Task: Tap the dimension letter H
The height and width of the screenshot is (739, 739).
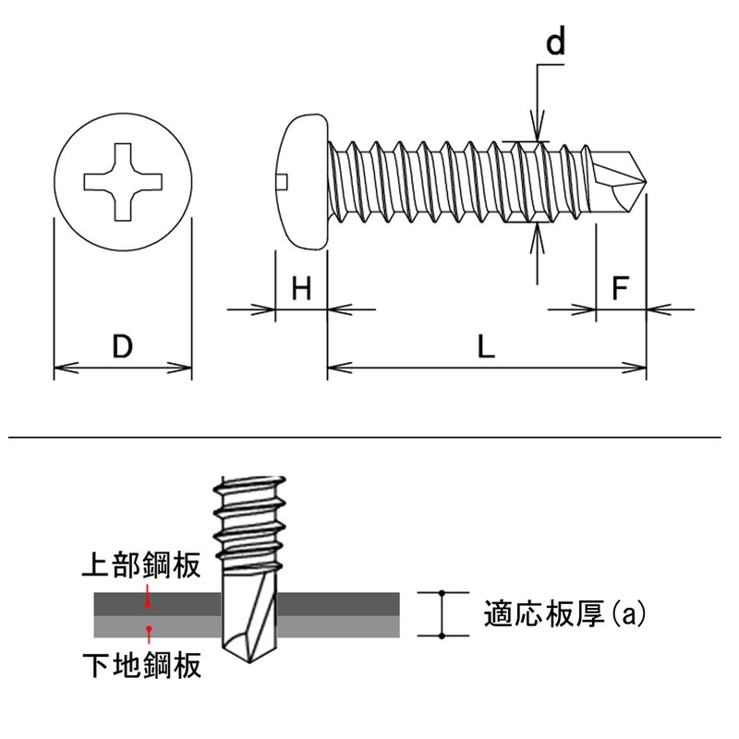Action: pyautogui.click(x=301, y=289)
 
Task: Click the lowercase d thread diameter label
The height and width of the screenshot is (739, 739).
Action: pyautogui.click(x=554, y=44)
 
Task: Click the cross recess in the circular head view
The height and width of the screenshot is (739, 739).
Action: pyautogui.click(x=122, y=181)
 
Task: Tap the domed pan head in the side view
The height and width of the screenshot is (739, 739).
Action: pyautogui.click(x=303, y=181)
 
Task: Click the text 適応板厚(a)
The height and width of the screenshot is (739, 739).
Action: pyautogui.click(x=563, y=614)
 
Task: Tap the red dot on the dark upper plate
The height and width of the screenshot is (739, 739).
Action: pyautogui.click(x=148, y=603)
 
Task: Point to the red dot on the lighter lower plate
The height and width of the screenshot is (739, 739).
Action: pyautogui.click(x=148, y=629)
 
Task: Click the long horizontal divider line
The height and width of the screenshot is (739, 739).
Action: pyautogui.click(x=369, y=435)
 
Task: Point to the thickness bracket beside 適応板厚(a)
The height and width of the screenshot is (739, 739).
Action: pyautogui.click(x=442, y=614)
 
